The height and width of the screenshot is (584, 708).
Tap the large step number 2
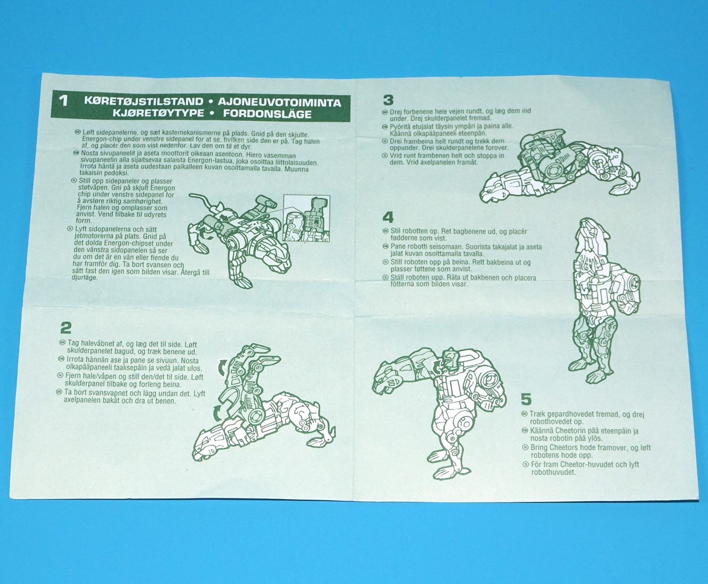coord(66,328)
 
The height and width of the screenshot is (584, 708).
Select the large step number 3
coord(388,100)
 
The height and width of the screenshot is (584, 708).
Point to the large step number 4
coord(388,217)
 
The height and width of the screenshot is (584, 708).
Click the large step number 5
coord(526,400)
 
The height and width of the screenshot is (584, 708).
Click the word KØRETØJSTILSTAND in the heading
coord(144,101)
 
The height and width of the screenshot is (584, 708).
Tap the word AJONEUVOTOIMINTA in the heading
coord(279,103)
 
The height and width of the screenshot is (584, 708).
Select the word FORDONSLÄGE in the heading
coord(267,114)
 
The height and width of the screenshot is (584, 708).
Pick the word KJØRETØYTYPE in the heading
coord(158,112)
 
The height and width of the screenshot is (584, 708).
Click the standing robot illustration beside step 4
coord(604,301)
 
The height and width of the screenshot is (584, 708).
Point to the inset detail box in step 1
coord(307,218)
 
